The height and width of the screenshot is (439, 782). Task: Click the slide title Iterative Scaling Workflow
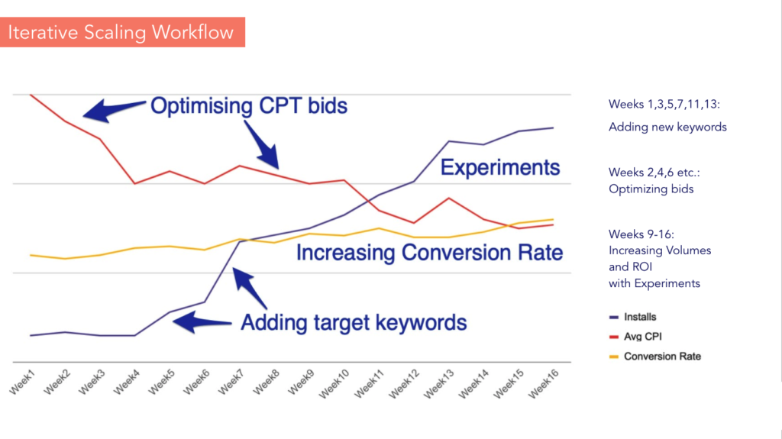121,32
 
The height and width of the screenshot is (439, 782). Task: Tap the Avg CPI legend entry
635,337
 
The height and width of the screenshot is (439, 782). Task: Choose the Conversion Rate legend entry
654,357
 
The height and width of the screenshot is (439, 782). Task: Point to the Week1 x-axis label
22,383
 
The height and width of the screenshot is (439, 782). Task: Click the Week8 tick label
266,383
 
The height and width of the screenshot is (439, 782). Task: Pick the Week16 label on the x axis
543,384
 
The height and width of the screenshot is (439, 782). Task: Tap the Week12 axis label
403,384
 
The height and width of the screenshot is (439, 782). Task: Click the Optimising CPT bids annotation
249,106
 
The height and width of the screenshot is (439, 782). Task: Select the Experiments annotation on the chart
499,167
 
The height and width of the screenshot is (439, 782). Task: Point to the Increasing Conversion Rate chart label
429,253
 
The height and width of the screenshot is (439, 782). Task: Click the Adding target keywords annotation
354,323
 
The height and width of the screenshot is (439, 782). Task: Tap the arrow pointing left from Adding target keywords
202,322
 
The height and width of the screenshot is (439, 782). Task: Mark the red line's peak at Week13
449,198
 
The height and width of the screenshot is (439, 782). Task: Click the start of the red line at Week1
31,95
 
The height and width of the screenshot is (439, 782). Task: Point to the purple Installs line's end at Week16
553,128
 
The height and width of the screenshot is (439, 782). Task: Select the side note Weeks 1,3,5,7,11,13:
664,105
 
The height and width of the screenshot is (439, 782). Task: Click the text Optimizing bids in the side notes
651,189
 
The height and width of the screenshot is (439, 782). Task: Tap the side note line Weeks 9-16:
641,234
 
